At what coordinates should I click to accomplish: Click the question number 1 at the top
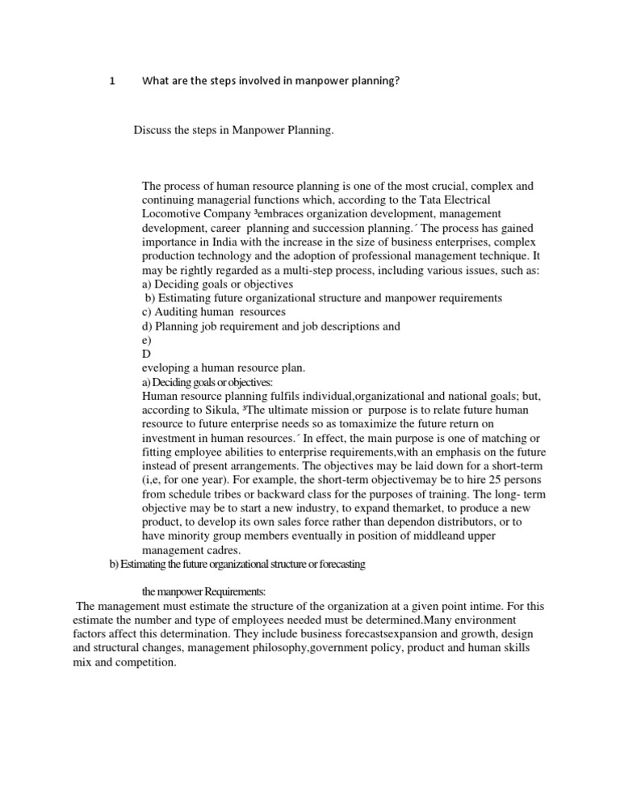(112, 81)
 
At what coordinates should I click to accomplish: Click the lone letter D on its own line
(146, 354)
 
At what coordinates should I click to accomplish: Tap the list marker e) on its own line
(146, 340)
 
